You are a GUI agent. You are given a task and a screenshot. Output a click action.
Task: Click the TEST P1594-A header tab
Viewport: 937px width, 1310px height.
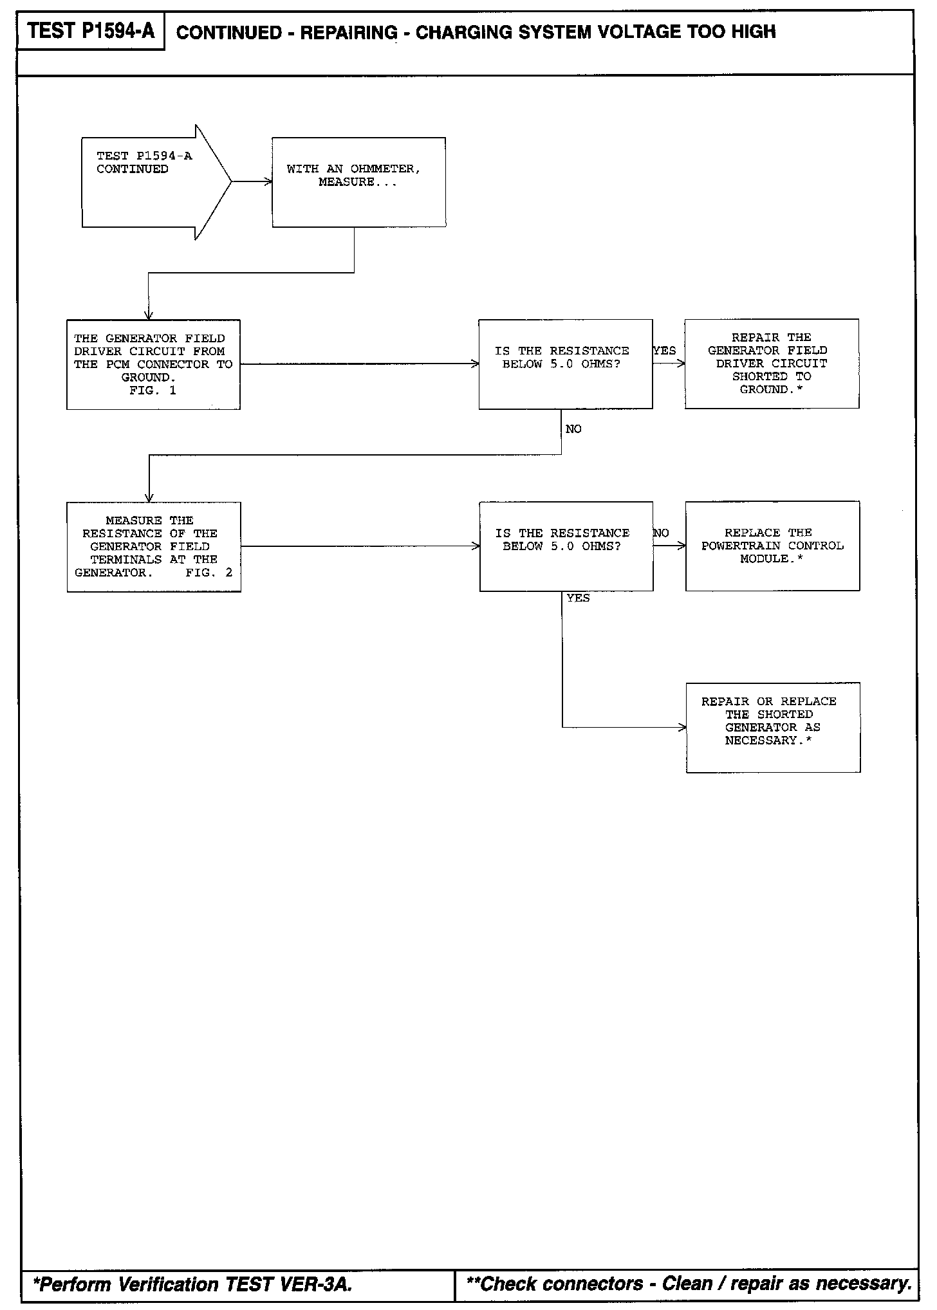tap(91, 32)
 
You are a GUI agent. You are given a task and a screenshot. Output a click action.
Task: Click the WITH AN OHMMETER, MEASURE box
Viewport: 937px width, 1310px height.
tap(358, 182)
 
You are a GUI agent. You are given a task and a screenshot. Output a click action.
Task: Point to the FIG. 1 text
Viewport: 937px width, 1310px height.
tap(153, 391)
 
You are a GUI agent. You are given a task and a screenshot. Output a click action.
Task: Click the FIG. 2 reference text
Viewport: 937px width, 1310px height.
tap(209, 573)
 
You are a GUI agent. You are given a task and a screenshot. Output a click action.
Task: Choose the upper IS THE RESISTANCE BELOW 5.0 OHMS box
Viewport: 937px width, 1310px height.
tap(565, 364)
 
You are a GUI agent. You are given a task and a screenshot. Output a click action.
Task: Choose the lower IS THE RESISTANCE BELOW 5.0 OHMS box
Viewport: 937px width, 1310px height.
tap(566, 546)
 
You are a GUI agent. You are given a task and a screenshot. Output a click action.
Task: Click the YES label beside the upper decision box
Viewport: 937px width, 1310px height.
tap(665, 351)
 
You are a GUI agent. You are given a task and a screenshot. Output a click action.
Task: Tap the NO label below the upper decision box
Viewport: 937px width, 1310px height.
tap(573, 429)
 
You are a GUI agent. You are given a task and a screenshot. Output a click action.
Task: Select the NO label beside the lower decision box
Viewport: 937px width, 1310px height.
tap(662, 533)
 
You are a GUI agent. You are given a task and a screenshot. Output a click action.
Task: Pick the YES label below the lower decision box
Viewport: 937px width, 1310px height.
tap(578, 598)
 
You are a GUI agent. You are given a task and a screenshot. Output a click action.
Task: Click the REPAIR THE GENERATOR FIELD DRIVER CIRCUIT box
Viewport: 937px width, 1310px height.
tap(772, 364)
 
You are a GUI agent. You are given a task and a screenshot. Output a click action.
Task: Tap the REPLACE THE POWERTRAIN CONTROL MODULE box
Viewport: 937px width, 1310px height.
tap(772, 546)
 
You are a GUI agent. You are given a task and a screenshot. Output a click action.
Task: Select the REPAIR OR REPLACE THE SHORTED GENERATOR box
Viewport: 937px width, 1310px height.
tap(773, 727)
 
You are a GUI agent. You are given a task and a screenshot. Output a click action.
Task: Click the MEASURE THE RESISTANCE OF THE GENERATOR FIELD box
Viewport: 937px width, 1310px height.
tap(154, 546)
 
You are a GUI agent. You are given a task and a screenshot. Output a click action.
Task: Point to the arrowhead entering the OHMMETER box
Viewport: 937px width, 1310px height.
tap(268, 182)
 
